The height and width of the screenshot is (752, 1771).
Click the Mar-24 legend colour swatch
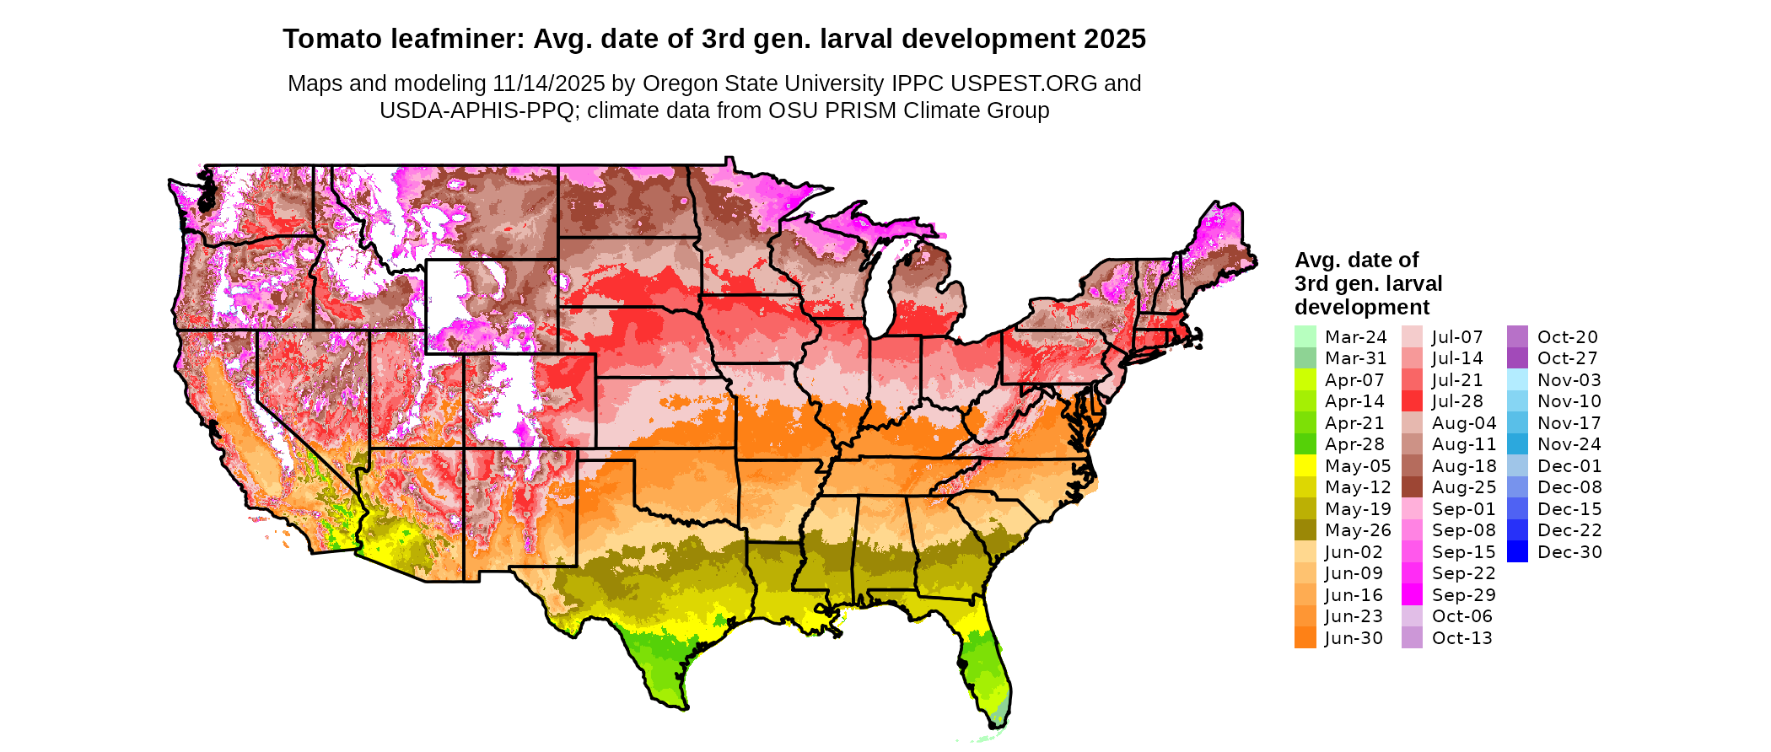1305,336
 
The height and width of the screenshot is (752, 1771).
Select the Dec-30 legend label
1569,552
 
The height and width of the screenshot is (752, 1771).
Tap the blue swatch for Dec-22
1517,530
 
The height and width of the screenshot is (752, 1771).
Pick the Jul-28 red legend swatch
1412,401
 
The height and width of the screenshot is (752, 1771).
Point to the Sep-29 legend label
1463,595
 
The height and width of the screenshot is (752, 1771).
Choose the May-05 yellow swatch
1305,465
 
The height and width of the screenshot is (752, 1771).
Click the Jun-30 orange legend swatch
1305,638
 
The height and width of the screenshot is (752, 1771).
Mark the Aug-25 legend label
1463,487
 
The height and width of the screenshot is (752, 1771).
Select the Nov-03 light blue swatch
1517,379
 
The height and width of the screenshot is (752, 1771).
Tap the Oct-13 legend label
1461,638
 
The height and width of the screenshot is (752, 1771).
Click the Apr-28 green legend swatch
1305,444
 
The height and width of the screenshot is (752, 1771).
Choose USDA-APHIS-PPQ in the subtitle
476,110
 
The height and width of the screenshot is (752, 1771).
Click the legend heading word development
1362,307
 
